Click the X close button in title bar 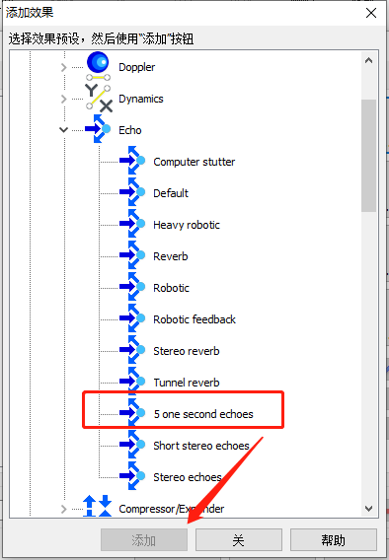pyautogui.click(x=371, y=13)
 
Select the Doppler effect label pyautogui.click(x=137, y=67)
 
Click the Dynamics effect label pyautogui.click(x=141, y=99)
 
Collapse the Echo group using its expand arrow pyautogui.click(x=63, y=129)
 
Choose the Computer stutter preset pyautogui.click(x=194, y=162)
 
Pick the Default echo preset pyautogui.click(x=171, y=193)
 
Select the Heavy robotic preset pyautogui.click(x=187, y=225)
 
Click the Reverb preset pyautogui.click(x=171, y=256)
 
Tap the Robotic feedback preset pyautogui.click(x=194, y=319)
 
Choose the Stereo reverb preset pyautogui.click(x=187, y=351)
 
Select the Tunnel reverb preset pyautogui.click(x=187, y=383)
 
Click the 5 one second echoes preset pyautogui.click(x=203, y=414)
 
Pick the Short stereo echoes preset pyautogui.click(x=201, y=446)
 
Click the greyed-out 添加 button pyautogui.click(x=144, y=539)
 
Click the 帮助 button pyautogui.click(x=334, y=539)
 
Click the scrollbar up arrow pyautogui.click(x=368, y=60)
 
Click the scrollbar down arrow pyautogui.click(x=368, y=508)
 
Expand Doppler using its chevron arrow pyautogui.click(x=63, y=67)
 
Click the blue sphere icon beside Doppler pyautogui.click(x=98, y=63)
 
